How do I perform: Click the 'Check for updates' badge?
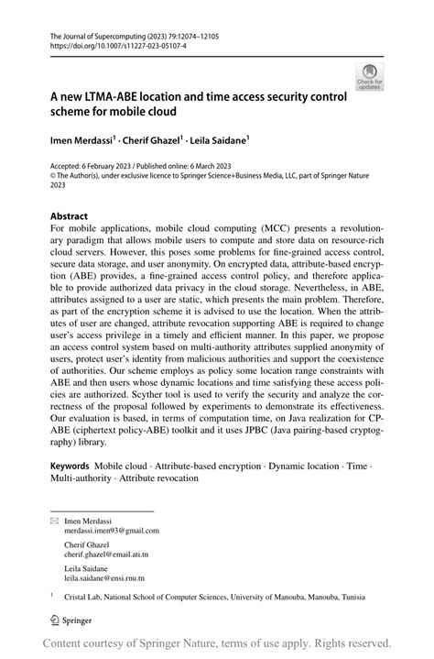(370, 76)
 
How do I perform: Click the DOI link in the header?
(105, 44)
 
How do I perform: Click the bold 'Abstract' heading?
(70, 217)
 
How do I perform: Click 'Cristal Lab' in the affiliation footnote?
(84, 597)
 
